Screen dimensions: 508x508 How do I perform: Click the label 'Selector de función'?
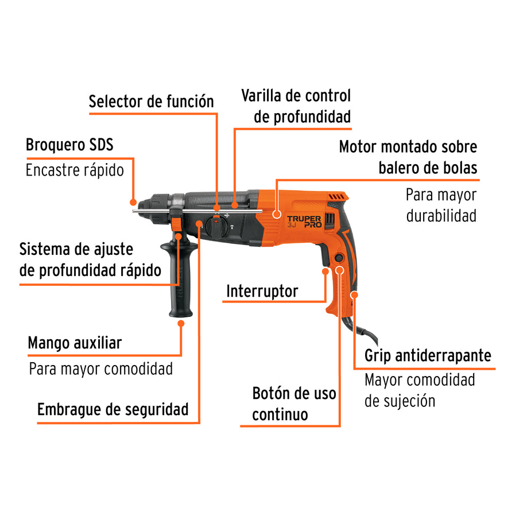(x=151, y=102)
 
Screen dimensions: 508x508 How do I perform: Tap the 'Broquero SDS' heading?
(x=69, y=145)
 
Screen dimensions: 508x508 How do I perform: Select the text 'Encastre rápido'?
(x=75, y=170)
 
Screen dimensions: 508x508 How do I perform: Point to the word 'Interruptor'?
(x=262, y=291)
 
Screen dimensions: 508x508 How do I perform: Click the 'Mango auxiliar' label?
(x=75, y=343)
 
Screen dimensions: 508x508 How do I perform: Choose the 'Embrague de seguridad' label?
(x=113, y=410)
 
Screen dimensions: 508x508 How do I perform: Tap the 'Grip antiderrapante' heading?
(x=428, y=355)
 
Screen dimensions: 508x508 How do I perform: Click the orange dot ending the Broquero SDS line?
(x=133, y=202)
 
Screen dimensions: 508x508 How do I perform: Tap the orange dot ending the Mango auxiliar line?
(x=181, y=323)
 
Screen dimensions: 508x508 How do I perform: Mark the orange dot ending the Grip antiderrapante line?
(x=354, y=295)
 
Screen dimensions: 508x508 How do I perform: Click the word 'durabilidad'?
(x=441, y=217)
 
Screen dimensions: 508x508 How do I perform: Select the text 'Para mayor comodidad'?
(x=101, y=369)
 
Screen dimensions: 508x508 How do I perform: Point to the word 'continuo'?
(x=280, y=414)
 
